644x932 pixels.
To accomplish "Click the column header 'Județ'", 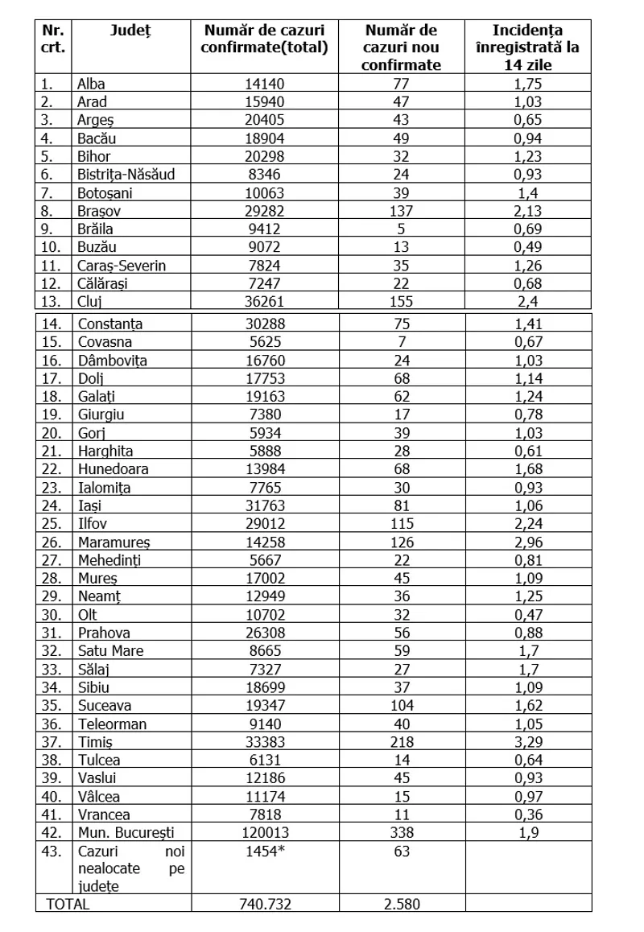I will [130, 31].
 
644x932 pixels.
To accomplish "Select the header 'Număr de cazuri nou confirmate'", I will [401, 47].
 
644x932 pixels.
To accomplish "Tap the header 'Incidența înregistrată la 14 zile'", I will [527, 47].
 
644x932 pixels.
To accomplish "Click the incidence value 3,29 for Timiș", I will [528, 741].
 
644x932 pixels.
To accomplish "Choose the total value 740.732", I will [266, 904].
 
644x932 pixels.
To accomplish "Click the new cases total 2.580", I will [401, 904].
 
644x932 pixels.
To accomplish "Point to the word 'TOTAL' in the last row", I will [68, 904].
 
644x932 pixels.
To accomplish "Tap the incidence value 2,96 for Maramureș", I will [528, 542].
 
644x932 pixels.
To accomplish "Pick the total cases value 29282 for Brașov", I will [266, 211].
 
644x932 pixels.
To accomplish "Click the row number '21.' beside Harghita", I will [51, 452].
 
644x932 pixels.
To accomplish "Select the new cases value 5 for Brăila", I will [401, 229].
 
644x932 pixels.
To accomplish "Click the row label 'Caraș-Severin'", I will [122, 266].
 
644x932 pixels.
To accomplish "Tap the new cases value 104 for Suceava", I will [401, 706].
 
